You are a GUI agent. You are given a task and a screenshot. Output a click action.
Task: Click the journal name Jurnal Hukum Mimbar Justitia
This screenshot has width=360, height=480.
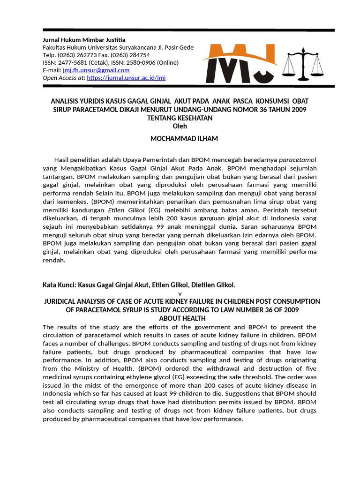click(84, 40)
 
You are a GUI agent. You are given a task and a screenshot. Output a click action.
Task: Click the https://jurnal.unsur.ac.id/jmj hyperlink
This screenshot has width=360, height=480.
click(126, 78)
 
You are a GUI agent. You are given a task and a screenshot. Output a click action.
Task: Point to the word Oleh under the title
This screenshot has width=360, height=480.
click(180, 126)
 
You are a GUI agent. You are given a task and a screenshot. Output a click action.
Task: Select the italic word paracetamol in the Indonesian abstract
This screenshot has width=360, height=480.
click(298, 159)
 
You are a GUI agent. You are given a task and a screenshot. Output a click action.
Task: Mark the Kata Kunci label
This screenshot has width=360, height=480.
click(59, 285)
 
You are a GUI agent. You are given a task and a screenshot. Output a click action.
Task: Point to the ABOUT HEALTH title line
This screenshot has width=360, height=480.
click(180, 318)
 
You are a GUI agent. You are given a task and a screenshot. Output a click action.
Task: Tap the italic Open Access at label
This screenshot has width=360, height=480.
click(64, 78)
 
